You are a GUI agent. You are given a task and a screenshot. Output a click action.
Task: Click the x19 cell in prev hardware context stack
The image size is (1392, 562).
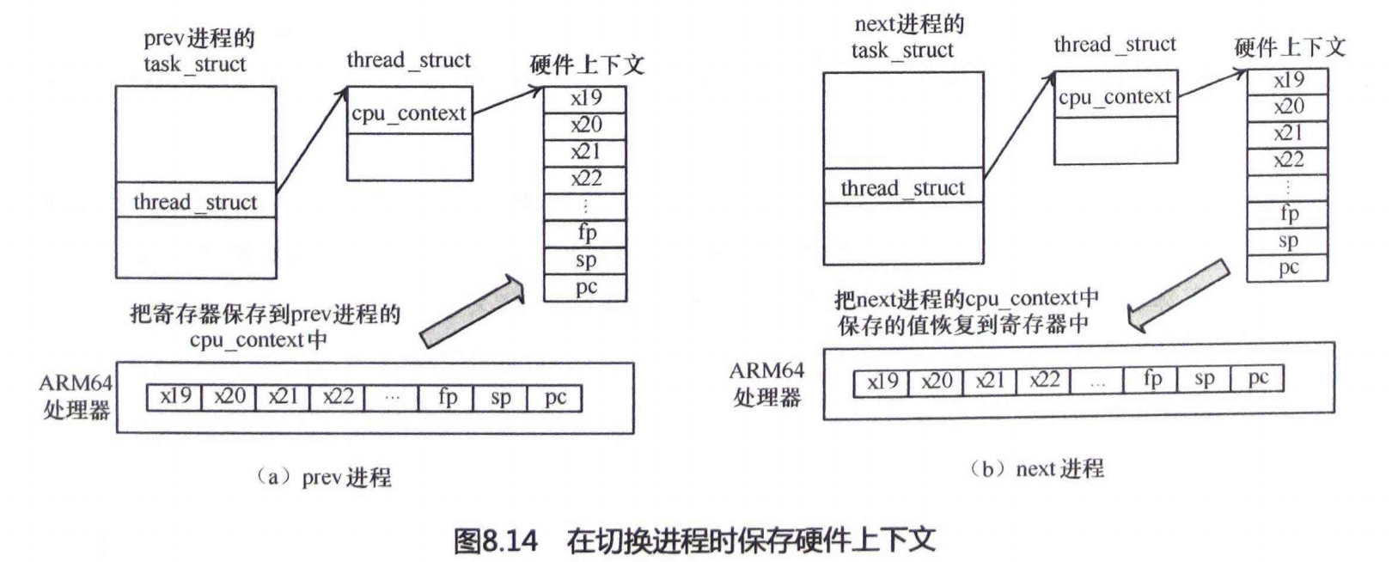(x=585, y=99)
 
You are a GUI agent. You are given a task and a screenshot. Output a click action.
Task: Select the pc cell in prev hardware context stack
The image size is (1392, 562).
(x=585, y=287)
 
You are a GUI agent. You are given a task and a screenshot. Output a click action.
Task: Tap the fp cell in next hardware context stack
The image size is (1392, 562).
(x=1288, y=214)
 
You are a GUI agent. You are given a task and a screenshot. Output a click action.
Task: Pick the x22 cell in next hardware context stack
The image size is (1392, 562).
(x=1288, y=160)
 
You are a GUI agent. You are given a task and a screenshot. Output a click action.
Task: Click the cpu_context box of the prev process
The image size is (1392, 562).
(x=409, y=113)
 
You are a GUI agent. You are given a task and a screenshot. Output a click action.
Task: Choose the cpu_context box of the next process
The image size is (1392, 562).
(x=1114, y=97)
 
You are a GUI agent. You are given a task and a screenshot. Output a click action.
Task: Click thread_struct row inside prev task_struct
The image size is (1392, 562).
(x=196, y=202)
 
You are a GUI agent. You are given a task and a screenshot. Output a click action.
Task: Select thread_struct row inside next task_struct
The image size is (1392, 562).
(x=903, y=188)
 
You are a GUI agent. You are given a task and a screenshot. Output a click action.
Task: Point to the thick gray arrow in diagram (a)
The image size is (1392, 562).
(x=473, y=311)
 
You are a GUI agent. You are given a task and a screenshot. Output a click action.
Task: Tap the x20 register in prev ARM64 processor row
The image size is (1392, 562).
(x=229, y=397)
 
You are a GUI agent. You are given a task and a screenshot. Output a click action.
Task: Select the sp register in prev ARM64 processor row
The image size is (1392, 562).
(x=500, y=397)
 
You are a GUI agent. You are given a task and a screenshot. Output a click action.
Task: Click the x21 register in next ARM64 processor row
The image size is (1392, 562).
(x=990, y=381)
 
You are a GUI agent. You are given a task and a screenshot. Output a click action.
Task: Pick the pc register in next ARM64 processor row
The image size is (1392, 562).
(x=1258, y=378)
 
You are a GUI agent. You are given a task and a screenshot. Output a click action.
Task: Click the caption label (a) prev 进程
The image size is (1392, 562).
(x=324, y=477)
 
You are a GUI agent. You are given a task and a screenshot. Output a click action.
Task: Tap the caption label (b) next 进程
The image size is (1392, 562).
(x=1036, y=469)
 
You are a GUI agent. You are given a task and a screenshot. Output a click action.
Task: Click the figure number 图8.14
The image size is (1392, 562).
(x=496, y=541)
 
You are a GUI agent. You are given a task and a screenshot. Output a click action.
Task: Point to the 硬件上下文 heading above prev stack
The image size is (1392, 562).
(x=587, y=64)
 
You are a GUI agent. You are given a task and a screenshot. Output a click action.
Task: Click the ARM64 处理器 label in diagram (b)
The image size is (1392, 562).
(x=766, y=383)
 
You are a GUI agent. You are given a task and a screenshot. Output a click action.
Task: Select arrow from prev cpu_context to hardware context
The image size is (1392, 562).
(x=508, y=100)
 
